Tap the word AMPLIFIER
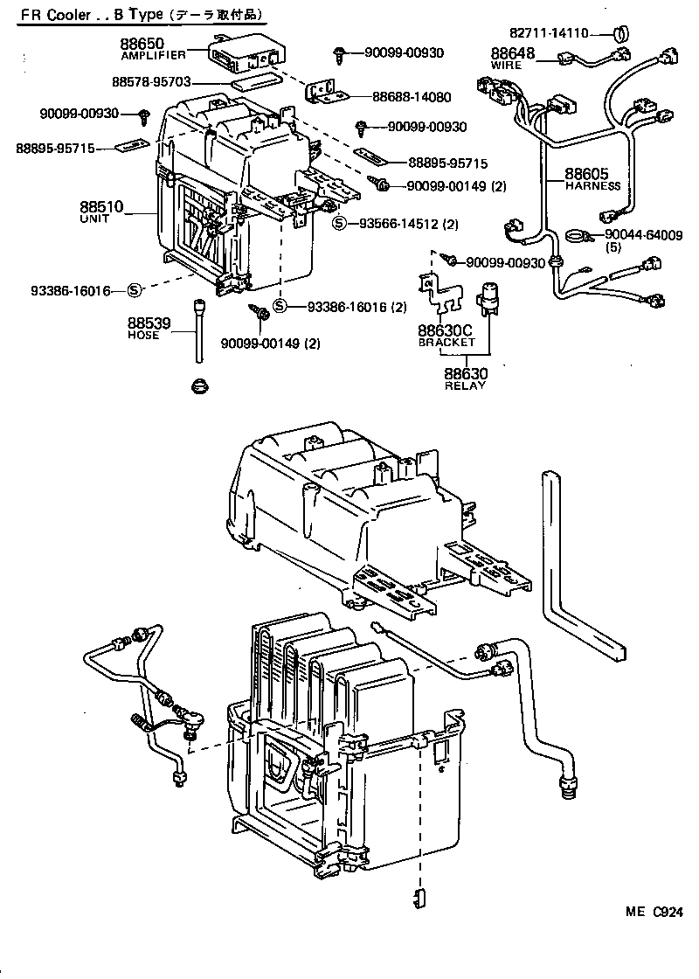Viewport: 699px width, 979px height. (x=153, y=55)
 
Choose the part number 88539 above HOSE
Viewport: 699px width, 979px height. (x=149, y=323)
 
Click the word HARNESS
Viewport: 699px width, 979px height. (x=592, y=185)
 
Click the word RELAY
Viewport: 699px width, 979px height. (x=466, y=386)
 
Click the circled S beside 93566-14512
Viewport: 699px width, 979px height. (x=342, y=223)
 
